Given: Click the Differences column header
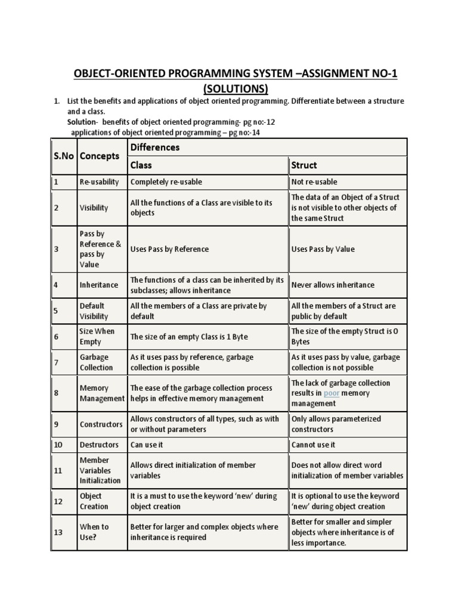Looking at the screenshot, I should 154,147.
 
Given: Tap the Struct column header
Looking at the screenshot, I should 304,165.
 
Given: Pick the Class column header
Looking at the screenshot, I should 141,165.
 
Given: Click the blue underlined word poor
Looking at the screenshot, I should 331,393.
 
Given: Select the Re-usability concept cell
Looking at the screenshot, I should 99,181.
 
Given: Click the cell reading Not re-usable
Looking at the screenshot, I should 314,181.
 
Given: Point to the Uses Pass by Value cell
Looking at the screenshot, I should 323,249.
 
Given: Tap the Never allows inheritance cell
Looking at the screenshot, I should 333,285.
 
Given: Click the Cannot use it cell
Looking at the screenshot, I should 313,445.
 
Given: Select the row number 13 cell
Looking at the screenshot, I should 58,532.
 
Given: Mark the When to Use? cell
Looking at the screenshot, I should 94,532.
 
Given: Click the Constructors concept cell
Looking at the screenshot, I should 101,424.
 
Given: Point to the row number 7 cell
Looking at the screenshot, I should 56,362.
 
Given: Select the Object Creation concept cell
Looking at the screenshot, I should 94,501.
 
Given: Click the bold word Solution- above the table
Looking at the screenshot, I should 83,122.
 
